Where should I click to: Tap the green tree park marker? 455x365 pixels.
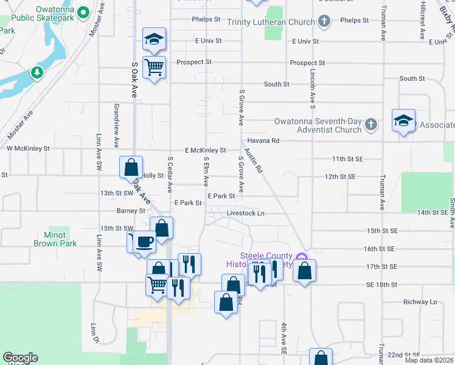tap(38, 73)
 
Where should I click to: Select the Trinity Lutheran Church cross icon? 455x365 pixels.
tap(324, 22)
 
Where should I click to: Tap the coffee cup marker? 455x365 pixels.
tap(144, 242)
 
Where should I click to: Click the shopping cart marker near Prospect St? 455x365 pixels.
tap(155, 66)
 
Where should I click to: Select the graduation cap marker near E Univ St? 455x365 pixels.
tap(155, 39)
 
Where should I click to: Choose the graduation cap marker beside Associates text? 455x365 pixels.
tap(403, 119)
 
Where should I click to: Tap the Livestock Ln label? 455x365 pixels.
tap(246, 214)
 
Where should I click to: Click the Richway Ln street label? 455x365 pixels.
tap(420, 302)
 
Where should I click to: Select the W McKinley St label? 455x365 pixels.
tap(28, 148)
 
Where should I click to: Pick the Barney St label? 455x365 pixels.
tap(131, 211)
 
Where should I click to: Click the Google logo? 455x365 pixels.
tap(20, 357)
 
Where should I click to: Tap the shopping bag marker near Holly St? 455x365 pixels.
tap(131, 167)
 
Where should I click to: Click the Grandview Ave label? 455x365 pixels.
tap(116, 125)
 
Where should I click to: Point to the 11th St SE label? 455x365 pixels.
tap(347, 159)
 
